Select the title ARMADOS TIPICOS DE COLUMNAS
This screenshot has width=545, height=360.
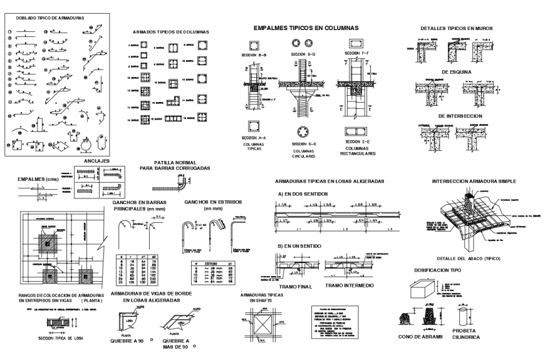(x=170, y=31)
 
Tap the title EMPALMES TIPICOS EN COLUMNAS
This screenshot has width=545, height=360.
(x=306, y=28)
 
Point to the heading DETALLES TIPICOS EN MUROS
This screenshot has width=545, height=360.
(x=456, y=28)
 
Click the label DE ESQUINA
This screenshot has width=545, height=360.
(x=455, y=72)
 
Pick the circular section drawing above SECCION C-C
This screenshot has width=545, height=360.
(x=303, y=131)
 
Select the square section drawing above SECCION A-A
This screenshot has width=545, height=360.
(x=254, y=126)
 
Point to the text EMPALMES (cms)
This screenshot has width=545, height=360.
(x=38, y=178)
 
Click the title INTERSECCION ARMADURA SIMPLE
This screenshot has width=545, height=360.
(x=474, y=181)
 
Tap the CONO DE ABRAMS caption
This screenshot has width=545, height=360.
(x=420, y=336)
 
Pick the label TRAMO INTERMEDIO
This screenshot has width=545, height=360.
(x=350, y=285)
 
